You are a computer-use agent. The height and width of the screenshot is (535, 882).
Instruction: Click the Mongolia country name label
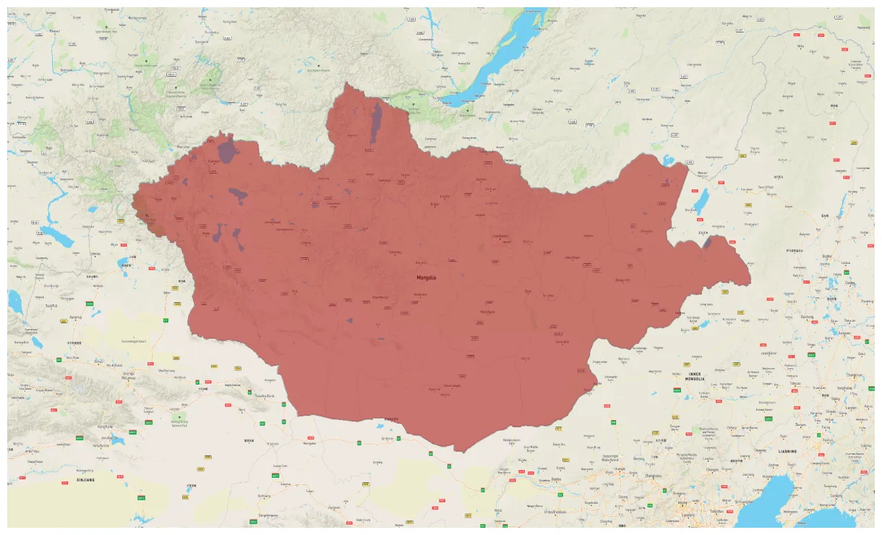(427, 278)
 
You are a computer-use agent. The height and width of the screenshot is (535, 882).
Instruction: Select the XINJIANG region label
(85, 479)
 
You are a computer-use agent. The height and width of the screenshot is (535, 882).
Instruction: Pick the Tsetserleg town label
(395, 252)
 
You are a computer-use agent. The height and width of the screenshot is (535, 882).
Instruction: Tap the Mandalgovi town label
(487, 312)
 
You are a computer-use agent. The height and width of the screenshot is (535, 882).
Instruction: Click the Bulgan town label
(434, 204)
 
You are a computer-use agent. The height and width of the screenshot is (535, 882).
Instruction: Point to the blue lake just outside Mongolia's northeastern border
(701, 202)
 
